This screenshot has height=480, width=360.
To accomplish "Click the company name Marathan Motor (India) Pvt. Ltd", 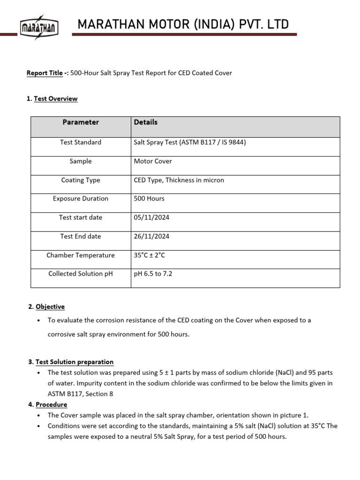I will (183, 24).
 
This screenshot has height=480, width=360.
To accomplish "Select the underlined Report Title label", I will (45, 73).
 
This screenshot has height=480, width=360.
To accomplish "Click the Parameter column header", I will (81, 122).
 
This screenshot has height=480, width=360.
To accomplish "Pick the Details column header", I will (146, 122).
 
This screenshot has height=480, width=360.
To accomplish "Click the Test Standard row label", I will (81, 142).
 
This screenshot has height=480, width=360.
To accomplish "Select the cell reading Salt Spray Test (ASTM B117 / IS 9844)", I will (190, 142).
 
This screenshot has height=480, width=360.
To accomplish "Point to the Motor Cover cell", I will (153, 161).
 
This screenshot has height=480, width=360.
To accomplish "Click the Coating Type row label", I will (81, 180).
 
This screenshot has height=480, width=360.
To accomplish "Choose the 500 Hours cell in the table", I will (149, 199).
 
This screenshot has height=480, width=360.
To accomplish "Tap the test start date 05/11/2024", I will (151, 217).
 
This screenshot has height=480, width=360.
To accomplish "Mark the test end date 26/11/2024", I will (151, 236).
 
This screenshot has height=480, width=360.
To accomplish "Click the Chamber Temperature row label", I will (81, 255).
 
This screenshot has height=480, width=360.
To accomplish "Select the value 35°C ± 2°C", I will (150, 255).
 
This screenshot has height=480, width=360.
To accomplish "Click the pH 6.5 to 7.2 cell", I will (153, 274).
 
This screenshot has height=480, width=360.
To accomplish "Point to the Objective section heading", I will (50, 307).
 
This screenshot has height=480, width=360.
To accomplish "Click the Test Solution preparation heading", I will (74, 362).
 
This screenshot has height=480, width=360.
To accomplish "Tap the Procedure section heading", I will (51, 405).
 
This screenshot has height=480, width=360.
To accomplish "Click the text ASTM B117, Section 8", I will (80, 394).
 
